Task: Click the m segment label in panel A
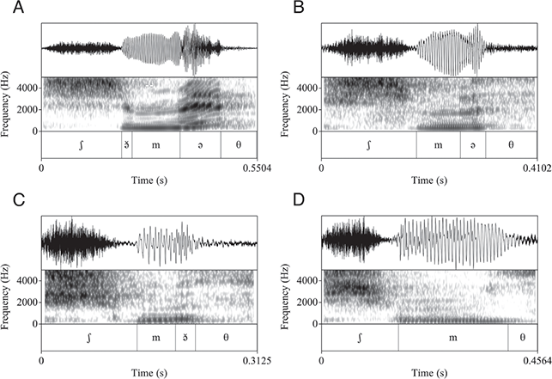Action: coord(156,145)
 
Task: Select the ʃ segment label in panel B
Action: coord(368,145)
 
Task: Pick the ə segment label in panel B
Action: coord(473,145)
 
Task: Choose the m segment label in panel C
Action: coord(156,338)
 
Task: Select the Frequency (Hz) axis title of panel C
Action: coord(8,296)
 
